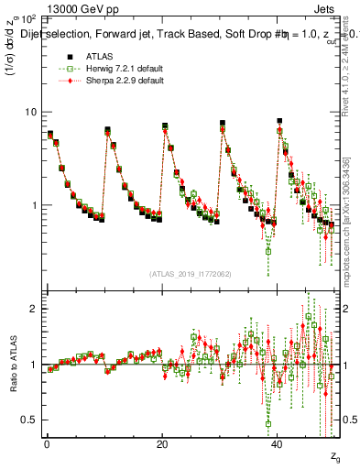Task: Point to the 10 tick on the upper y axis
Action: coord(32,112)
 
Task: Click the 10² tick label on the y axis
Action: coord(28,19)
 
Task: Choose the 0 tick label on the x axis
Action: coord(47,444)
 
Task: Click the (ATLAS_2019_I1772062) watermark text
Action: coord(191,273)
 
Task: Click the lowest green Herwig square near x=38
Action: coord(268,249)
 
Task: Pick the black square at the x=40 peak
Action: coord(279,121)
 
